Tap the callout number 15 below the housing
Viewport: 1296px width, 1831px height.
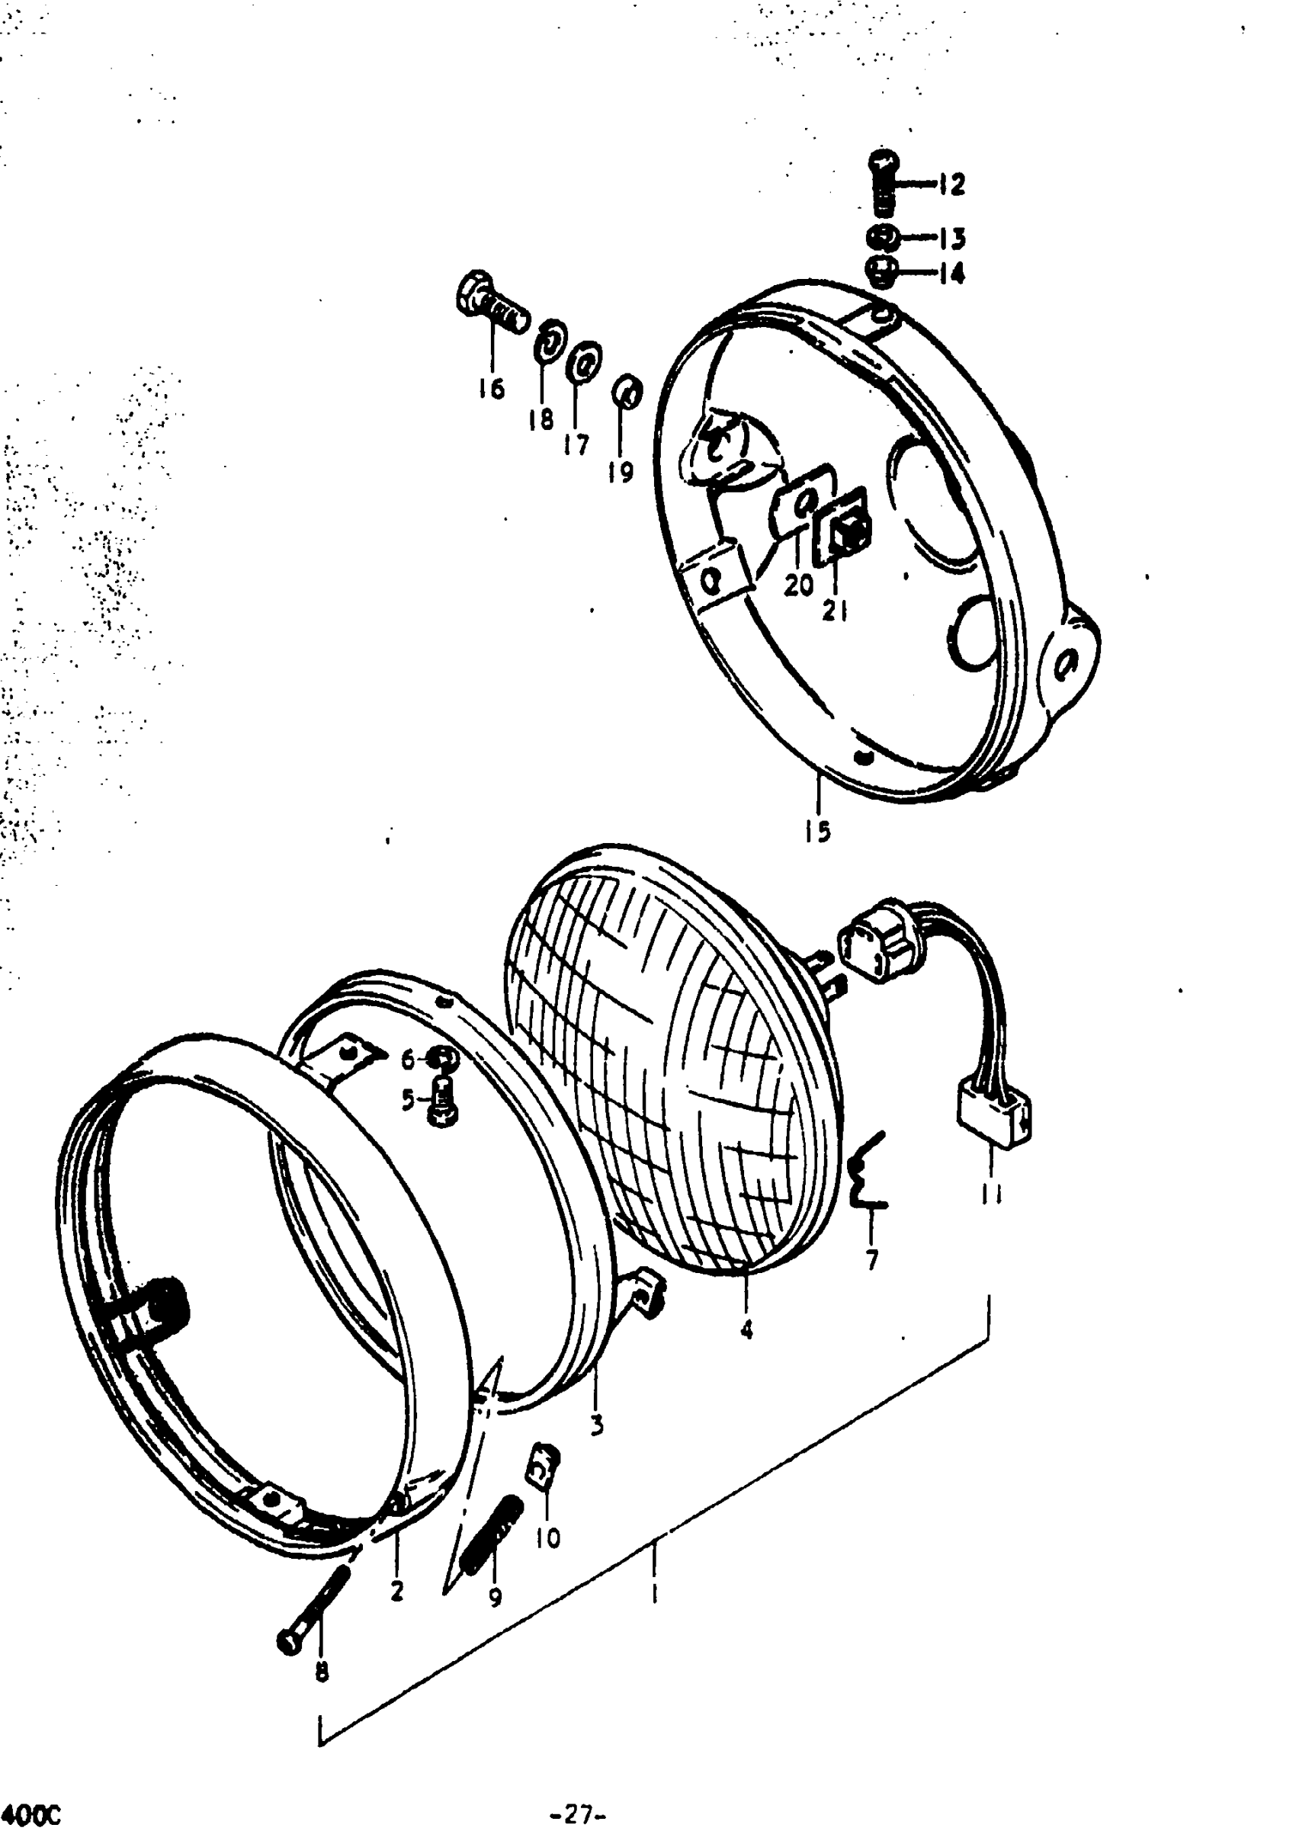click(817, 832)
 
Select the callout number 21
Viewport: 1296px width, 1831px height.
click(835, 611)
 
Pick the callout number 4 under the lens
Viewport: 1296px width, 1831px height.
click(746, 1329)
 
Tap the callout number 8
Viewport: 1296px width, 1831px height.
click(321, 1672)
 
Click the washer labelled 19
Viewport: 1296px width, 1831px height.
click(627, 393)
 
